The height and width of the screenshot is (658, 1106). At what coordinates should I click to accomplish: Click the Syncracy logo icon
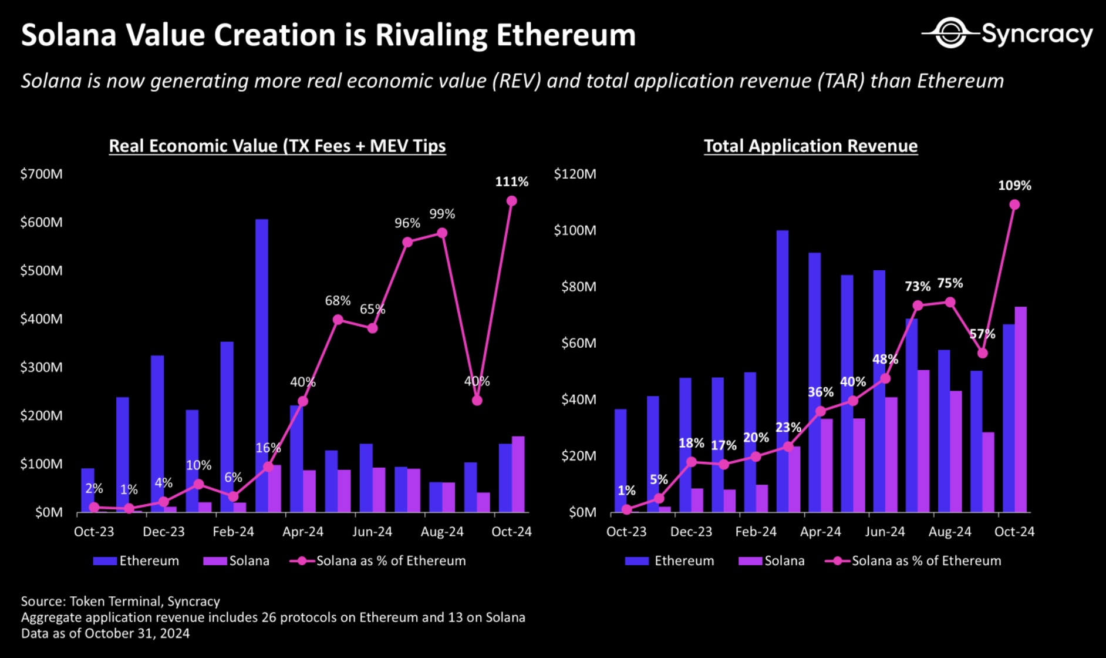click(x=950, y=33)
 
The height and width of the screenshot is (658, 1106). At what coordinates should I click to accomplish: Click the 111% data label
click(x=511, y=182)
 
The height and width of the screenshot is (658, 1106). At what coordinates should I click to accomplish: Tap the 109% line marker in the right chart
click(x=1014, y=205)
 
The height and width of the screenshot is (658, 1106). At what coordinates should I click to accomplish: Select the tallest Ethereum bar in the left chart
click(x=262, y=364)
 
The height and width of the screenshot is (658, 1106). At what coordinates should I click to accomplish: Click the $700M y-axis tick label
click(x=41, y=174)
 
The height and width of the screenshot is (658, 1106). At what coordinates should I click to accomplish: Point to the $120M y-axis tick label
click(x=575, y=174)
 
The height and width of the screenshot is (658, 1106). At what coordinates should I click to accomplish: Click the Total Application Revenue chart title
click(x=810, y=146)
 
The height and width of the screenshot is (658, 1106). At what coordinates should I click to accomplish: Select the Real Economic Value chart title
click(x=277, y=146)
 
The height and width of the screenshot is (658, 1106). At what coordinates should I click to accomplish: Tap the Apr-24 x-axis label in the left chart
click(x=303, y=532)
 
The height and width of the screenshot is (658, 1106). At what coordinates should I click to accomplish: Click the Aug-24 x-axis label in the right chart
click(x=950, y=532)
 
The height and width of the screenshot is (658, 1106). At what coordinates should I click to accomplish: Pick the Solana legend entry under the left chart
click(x=237, y=561)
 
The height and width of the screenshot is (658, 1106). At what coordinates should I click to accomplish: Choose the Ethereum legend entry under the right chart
click(x=670, y=561)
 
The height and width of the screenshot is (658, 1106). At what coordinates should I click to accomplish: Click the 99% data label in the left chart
click(x=442, y=214)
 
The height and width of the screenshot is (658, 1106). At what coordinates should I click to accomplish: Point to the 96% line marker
click(x=407, y=242)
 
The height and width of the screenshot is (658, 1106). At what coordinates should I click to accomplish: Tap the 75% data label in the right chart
click(x=950, y=283)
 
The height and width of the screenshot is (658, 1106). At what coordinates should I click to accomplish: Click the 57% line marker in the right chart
click(x=983, y=353)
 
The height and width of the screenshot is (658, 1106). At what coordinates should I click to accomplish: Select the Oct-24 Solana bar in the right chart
click(x=1021, y=409)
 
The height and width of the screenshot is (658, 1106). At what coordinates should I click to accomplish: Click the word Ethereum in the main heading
click(x=566, y=35)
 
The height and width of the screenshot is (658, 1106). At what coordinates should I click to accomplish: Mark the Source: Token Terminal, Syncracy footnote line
click(x=120, y=602)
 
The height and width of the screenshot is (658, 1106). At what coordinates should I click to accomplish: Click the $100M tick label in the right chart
click(x=575, y=230)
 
